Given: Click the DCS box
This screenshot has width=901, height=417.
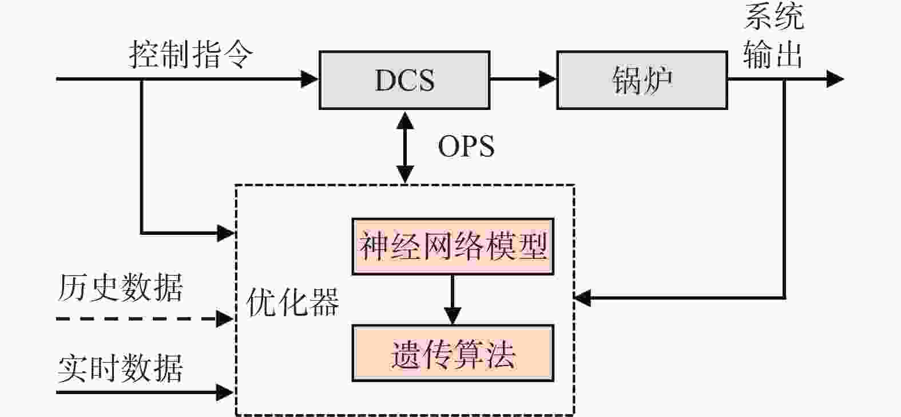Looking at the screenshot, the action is [x=404, y=80].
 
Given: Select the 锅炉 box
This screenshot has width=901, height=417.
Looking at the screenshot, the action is [x=642, y=80].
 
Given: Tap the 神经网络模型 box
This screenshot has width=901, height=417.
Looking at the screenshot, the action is [x=453, y=246].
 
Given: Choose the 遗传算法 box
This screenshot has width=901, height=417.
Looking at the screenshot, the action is [x=453, y=353].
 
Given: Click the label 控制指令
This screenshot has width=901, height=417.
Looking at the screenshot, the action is [x=191, y=54].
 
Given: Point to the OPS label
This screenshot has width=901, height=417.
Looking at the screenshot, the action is [x=466, y=146].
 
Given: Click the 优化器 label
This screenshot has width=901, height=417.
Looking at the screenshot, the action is [x=293, y=302].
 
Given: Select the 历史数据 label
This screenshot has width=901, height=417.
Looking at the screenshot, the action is [x=120, y=288].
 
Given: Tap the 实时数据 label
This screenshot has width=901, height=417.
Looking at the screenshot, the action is [x=120, y=368].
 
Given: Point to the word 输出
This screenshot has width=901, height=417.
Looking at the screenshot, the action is [x=773, y=54].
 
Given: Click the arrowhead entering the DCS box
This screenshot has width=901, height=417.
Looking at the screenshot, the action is [x=309, y=79].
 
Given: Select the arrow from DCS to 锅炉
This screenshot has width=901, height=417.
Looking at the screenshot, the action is [x=523, y=79].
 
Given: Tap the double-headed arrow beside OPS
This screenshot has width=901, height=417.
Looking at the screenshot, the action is [x=405, y=147].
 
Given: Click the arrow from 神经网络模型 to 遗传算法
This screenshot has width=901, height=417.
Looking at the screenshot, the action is [x=453, y=300].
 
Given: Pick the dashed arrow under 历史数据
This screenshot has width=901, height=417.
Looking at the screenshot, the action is [x=145, y=318].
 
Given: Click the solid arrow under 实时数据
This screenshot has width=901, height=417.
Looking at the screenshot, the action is [x=145, y=392].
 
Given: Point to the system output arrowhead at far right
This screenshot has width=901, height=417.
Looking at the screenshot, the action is [x=835, y=79].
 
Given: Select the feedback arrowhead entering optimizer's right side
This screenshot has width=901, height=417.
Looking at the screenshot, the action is [x=582, y=298].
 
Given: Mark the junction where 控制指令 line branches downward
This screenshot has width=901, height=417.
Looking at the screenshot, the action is [x=142, y=79].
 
